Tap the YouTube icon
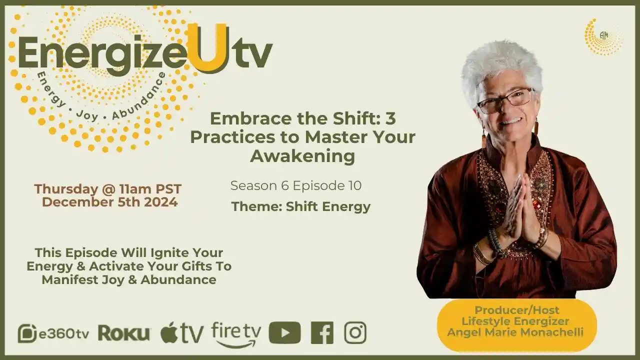[x=284, y=333]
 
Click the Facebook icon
[x=322, y=333]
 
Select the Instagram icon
[x=355, y=333]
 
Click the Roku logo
[x=124, y=333]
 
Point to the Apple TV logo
[x=182, y=333]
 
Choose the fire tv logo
[x=236, y=334]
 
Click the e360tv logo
[x=53, y=333]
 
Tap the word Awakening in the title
[x=302, y=156]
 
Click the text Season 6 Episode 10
[x=296, y=186]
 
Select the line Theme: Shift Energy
[x=300, y=206]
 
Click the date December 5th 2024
[x=109, y=202]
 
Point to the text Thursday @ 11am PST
[x=107, y=189]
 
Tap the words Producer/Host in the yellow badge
[x=516, y=310]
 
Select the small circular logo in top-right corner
[x=603, y=36]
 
